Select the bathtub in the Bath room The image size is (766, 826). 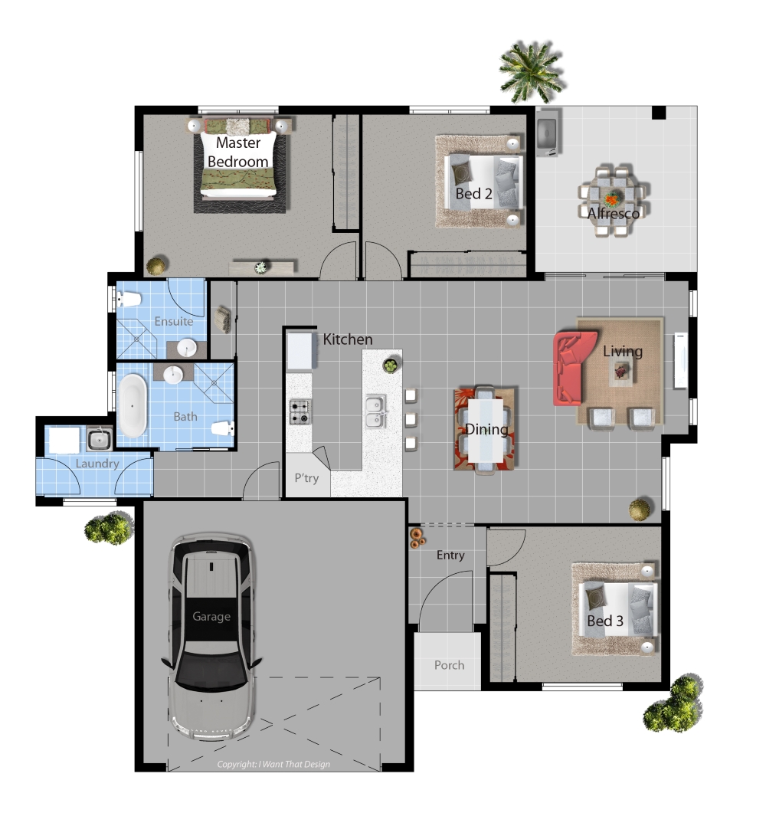click(133, 405)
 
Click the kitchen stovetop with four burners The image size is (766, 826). click(300, 412)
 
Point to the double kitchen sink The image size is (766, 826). click(376, 412)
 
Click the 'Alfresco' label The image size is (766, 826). click(614, 213)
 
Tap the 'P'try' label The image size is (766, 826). click(306, 478)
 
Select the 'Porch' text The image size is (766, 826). click(449, 665)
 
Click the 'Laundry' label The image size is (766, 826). click(97, 464)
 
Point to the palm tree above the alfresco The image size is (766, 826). click(531, 71)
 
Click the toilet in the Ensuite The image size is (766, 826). click(129, 299)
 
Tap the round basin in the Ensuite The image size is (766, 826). click(186, 348)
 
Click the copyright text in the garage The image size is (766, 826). click(273, 764)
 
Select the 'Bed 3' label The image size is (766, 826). click(605, 621)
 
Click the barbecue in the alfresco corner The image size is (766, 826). click(548, 133)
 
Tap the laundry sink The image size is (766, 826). click(99, 439)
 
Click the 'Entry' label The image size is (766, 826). click(450, 556)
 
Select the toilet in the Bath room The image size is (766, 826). click(223, 428)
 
